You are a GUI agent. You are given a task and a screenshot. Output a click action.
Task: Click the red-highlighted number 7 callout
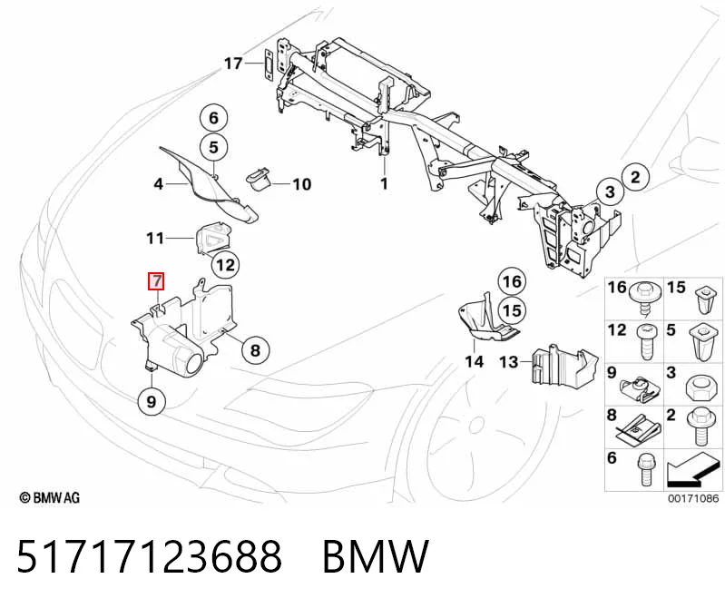click(x=156, y=281)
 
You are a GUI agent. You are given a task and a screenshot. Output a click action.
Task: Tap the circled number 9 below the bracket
click(x=152, y=401)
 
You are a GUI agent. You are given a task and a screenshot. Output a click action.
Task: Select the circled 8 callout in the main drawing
click(x=255, y=350)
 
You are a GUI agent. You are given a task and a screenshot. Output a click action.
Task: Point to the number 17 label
click(x=233, y=63)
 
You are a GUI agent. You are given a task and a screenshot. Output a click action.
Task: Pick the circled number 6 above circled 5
click(x=213, y=118)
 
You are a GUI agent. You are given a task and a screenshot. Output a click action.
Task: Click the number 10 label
click(x=302, y=184)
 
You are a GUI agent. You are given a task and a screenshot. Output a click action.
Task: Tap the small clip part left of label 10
click(x=260, y=179)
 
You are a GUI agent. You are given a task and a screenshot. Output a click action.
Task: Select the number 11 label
click(x=155, y=238)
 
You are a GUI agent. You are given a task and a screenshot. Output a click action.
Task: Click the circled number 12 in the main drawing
click(x=225, y=265)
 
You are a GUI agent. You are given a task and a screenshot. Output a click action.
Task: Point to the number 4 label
click(x=158, y=184)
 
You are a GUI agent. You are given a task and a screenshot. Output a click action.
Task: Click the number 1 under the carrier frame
click(x=384, y=183)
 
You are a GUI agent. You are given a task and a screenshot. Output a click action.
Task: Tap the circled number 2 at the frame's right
click(x=635, y=177)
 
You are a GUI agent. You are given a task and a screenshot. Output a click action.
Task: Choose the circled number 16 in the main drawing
click(x=512, y=281)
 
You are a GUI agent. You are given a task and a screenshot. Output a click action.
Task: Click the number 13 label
click(x=509, y=361)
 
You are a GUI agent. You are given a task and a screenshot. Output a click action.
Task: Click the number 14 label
click(x=474, y=361)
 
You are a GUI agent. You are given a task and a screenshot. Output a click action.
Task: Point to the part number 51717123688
click(x=149, y=556)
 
